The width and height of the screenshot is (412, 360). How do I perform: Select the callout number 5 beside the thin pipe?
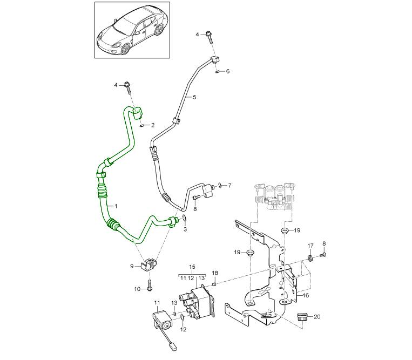point(194,97)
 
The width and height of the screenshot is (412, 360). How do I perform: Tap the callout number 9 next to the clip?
point(131,266)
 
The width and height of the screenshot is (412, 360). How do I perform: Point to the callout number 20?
point(316,317)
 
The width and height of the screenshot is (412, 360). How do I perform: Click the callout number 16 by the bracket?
point(305,296)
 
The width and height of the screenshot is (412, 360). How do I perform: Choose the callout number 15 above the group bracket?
point(191,268)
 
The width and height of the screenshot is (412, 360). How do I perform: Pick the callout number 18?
point(214,273)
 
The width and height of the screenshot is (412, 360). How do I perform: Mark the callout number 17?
point(310,246)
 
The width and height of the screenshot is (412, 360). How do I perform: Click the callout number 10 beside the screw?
point(137,289)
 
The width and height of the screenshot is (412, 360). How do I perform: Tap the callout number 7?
point(229,186)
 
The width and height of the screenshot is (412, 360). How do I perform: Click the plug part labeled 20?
point(301,317)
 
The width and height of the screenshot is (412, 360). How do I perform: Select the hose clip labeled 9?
point(148,265)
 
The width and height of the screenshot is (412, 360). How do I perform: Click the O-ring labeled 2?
point(141,125)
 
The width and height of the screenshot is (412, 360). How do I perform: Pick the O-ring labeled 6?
point(216,71)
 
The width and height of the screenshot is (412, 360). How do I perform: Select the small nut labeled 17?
point(310,258)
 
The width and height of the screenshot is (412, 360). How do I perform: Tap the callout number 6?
point(227,71)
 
